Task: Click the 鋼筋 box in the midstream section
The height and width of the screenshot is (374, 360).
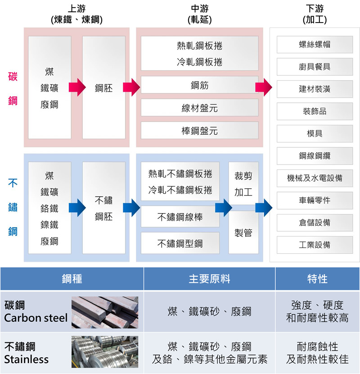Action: [x=199, y=85]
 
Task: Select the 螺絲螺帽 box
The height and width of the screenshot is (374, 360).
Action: [x=315, y=45]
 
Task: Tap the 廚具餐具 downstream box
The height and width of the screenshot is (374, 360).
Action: [x=315, y=67]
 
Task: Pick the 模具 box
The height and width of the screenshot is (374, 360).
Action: [x=315, y=134]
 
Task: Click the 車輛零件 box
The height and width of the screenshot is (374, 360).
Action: [x=315, y=200]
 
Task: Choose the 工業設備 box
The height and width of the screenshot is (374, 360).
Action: [x=315, y=245]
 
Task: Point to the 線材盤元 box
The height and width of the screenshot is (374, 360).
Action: [x=199, y=108]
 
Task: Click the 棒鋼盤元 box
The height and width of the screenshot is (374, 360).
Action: [x=199, y=131]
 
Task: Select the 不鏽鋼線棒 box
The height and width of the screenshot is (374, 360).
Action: [x=180, y=217]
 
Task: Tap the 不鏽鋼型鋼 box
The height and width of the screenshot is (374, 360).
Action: [x=180, y=243]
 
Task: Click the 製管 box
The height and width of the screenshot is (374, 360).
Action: [x=243, y=233]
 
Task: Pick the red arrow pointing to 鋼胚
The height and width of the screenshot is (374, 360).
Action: [x=77, y=87]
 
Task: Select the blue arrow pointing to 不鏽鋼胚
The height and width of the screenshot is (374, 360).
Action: [x=77, y=208]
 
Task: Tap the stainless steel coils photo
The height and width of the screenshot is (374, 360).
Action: [x=105, y=352]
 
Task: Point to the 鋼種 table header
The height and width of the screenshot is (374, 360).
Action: [x=72, y=279]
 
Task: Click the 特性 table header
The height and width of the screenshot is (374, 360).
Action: [x=317, y=279]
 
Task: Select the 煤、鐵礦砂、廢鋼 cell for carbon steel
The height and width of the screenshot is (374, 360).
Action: [x=209, y=311]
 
